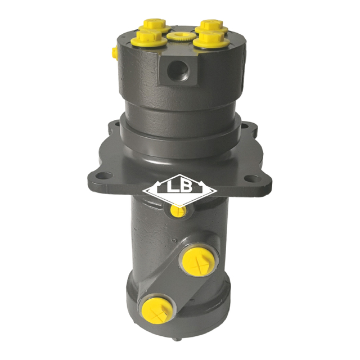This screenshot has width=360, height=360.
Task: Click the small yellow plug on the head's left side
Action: [114, 52]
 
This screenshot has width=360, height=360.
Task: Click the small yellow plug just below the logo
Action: [178, 211]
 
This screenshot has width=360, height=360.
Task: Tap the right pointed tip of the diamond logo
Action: [217, 192]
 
